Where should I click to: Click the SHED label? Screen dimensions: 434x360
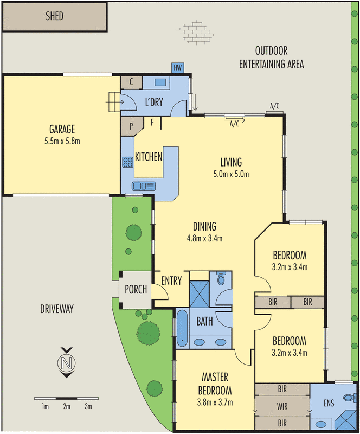pos(54,16)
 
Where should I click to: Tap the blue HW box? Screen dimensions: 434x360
pos(177,68)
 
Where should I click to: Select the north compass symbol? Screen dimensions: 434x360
pos(67,362)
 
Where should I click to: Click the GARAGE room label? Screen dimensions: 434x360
pos(62,130)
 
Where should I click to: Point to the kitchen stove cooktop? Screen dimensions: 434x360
pos(128,162)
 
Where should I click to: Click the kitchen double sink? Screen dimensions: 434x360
pos(144,186)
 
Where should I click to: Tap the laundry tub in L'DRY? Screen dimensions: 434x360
pos(160,82)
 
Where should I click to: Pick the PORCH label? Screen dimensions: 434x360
pos(136,289)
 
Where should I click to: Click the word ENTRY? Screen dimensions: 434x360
pos(171,280)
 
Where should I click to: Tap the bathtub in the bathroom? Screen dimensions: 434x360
pos(182,327)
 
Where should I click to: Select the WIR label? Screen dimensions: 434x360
pos(282,405)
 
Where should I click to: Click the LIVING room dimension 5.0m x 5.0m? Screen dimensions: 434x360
pos(231,174)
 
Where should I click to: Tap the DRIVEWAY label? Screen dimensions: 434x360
pos(56,309)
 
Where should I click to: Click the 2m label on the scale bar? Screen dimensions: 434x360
pos(67,406)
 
